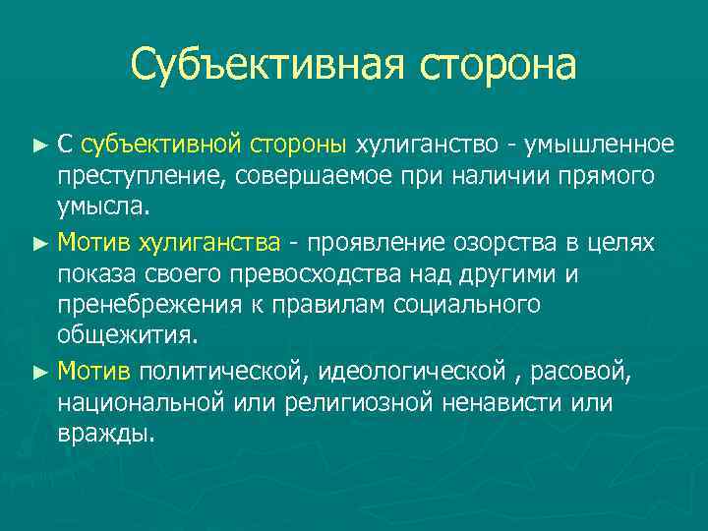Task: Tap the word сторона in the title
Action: pyautogui.click(x=498, y=66)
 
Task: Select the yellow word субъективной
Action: pyautogui.click(x=160, y=146)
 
